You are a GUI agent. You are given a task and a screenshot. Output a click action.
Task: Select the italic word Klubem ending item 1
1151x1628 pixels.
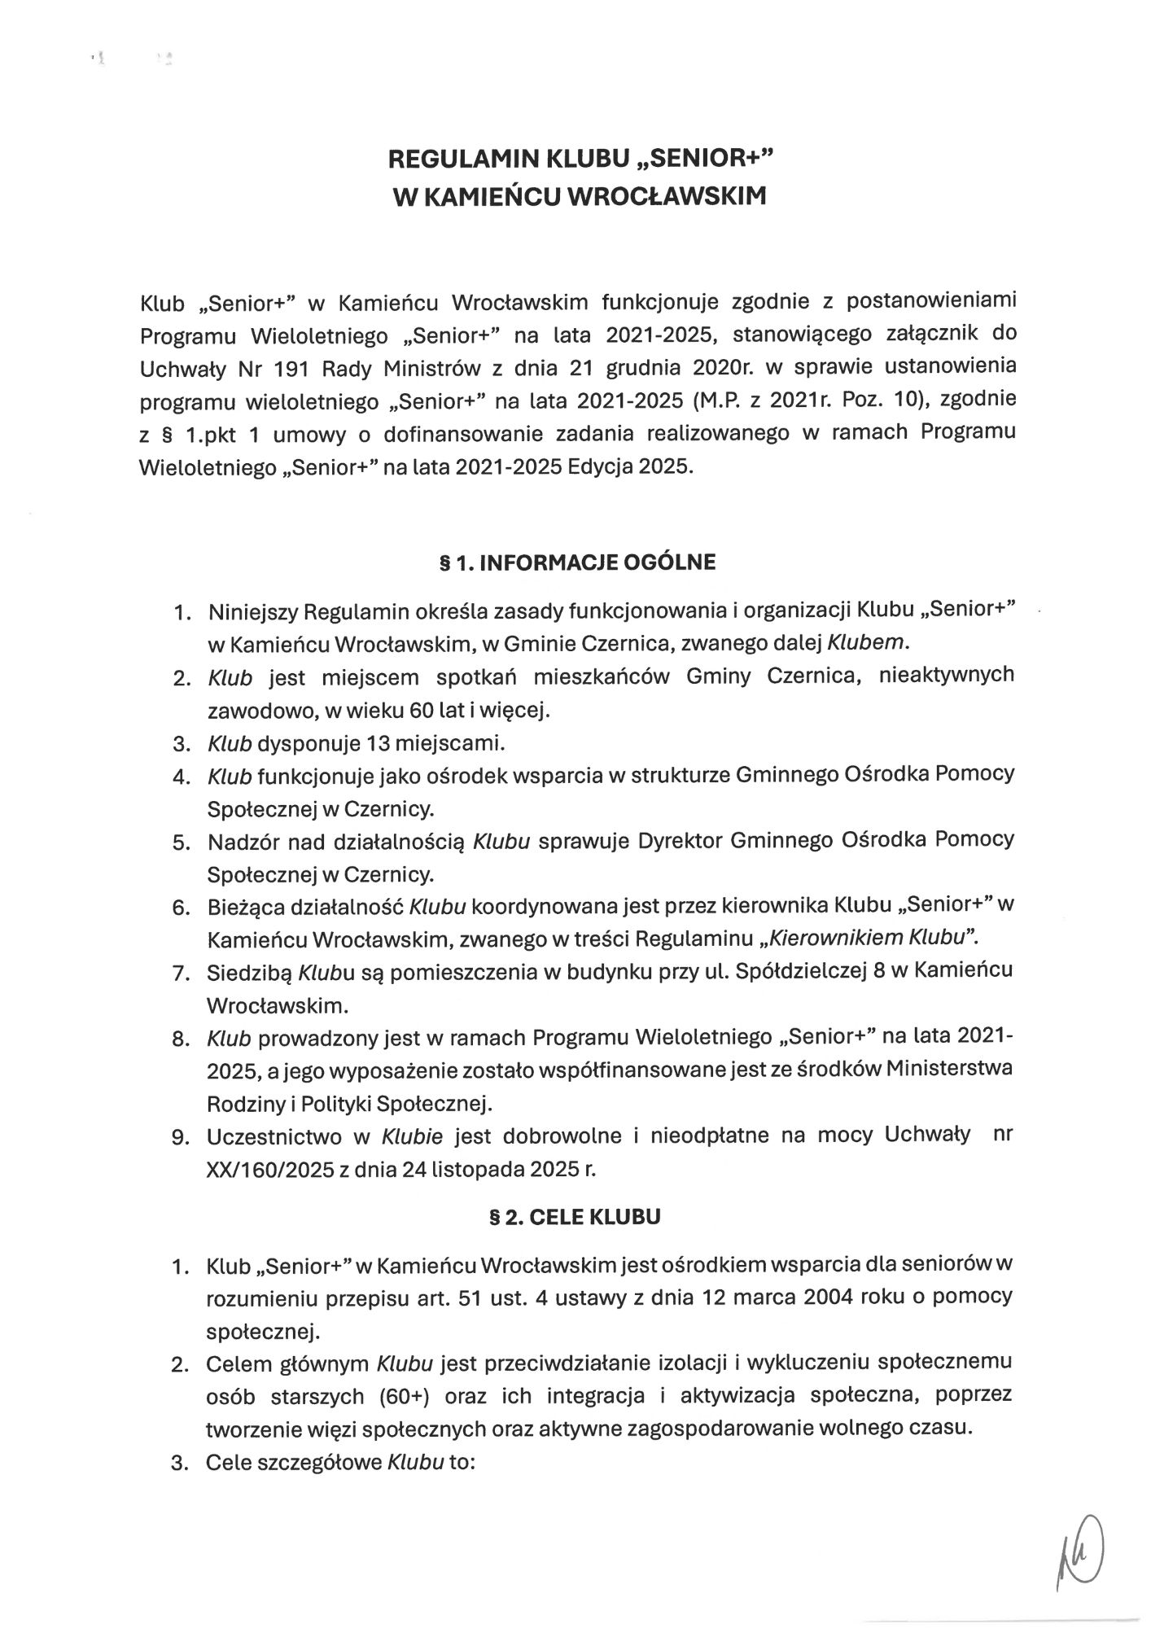(866, 642)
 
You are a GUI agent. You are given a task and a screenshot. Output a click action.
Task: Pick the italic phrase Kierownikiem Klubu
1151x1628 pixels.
(866, 937)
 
